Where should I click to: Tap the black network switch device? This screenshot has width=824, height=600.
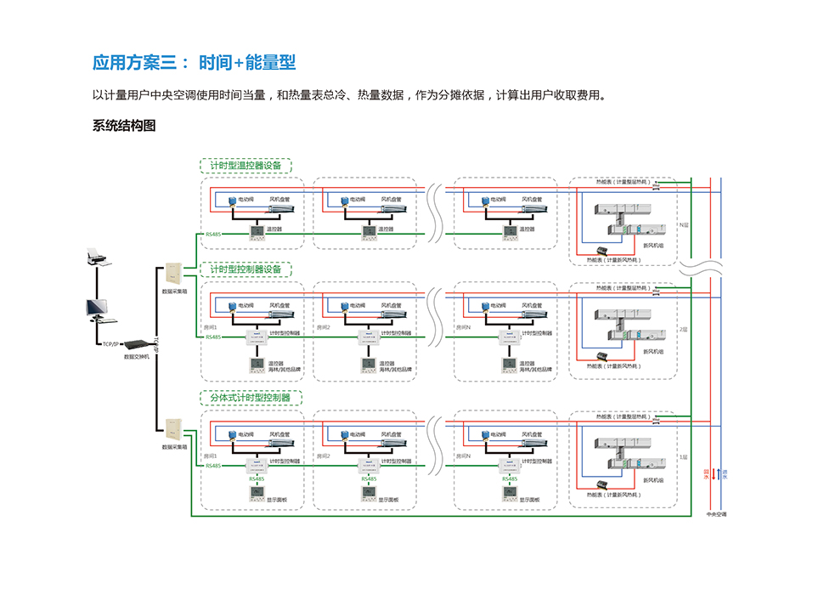point(135,344)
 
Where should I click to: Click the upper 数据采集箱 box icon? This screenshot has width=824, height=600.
point(174,274)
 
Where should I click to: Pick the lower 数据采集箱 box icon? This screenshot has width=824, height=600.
point(174,427)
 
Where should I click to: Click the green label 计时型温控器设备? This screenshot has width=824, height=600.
point(246,166)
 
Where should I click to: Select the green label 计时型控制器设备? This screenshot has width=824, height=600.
point(246,269)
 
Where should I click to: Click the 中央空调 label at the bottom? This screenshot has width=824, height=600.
point(717,515)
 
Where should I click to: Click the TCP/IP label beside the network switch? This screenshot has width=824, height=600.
point(110,344)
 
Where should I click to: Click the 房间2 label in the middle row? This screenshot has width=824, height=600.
point(323,326)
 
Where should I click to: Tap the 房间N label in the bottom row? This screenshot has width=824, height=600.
point(464,456)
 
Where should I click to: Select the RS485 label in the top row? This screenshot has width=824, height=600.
point(213,234)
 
